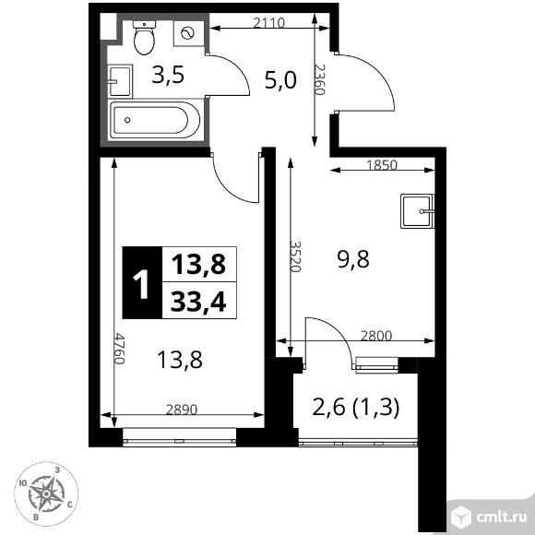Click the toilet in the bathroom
pyautogui.click(x=145, y=37)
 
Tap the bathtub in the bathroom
pyautogui.click(x=153, y=120)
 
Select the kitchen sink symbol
pyautogui.click(x=416, y=211)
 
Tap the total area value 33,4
pyautogui.click(x=198, y=299)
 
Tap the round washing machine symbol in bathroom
pyautogui.click(x=188, y=33)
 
